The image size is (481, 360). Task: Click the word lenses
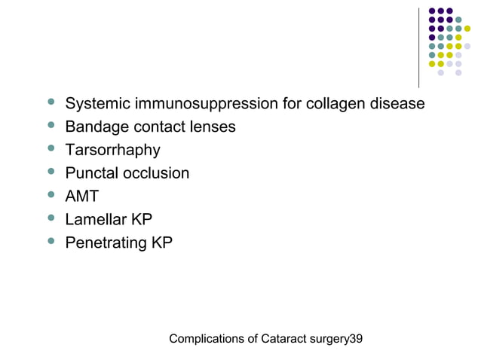click(x=210, y=127)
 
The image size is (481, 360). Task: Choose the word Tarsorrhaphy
click(x=112, y=150)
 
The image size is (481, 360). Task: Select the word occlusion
click(x=157, y=173)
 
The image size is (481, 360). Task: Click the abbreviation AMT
click(x=82, y=197)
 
